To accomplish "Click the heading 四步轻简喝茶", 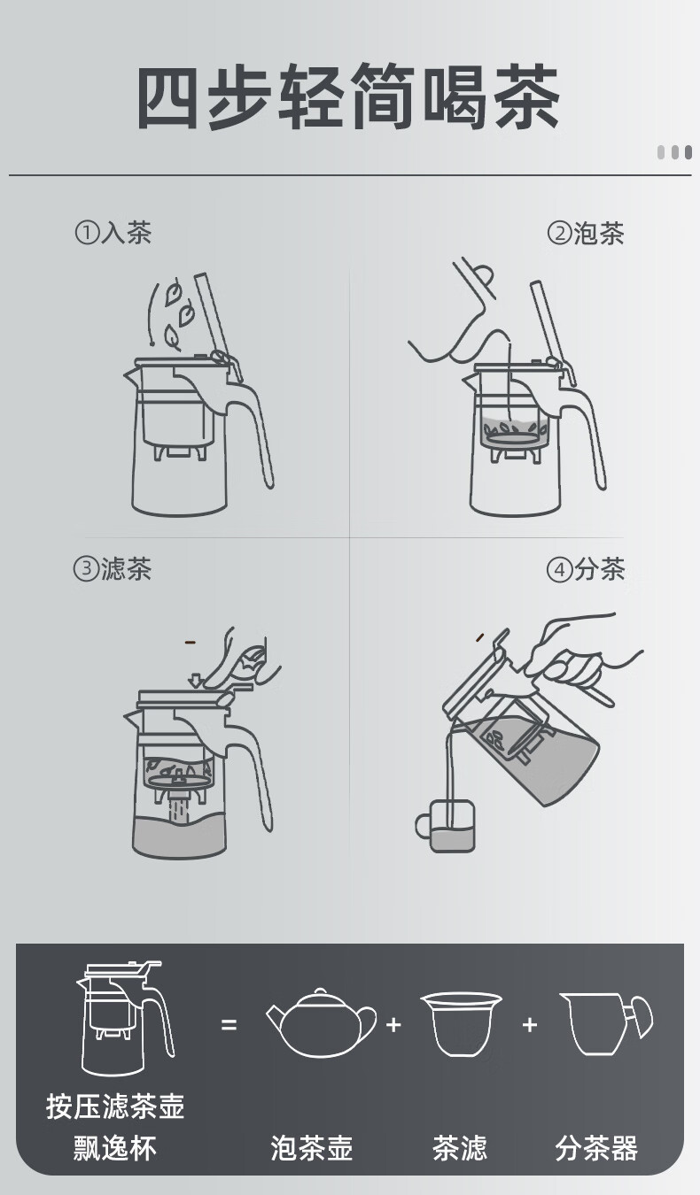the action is coord(348,96).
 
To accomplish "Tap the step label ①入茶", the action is coord(113,233).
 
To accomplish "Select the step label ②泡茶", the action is coord(586,233).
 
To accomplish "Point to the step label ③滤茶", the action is coord(113,568).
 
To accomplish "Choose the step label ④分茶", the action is coord(586,569).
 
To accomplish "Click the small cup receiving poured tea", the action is coord(445,825).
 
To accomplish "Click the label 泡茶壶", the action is coord(312,1147).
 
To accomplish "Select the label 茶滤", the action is coord(460,1147).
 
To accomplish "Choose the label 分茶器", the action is coord(596,1147).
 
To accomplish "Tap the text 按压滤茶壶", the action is coord(115,1106).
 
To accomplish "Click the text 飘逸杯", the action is coord(115,1147).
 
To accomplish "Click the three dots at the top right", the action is coord(674,152).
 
